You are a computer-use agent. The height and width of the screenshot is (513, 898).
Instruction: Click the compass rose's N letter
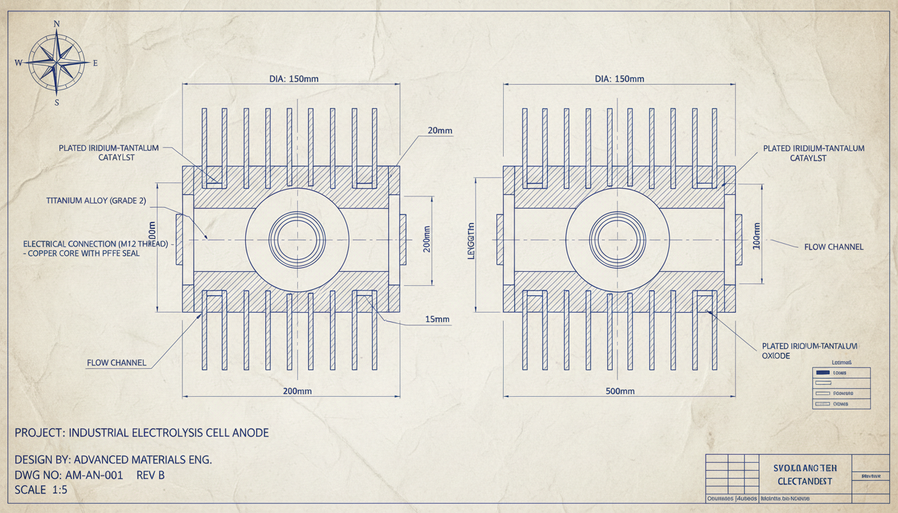[56, 23]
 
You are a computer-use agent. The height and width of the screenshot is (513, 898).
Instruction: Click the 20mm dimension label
[439, 131]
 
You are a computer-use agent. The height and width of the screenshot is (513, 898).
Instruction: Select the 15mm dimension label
[438, 319]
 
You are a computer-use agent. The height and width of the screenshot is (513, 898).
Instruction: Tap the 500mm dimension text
[619, 391]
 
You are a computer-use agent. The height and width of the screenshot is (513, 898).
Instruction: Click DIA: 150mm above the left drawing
[294, 79]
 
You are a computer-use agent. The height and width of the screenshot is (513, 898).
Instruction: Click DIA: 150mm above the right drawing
[619, 79]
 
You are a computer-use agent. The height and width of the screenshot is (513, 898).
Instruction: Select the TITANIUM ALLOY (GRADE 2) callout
[96, 200]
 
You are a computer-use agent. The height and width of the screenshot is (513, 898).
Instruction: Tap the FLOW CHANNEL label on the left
[116, 363]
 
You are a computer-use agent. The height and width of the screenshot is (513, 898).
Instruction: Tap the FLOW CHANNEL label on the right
[834, 246]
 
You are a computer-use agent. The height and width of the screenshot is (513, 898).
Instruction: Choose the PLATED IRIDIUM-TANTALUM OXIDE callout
[809, 351]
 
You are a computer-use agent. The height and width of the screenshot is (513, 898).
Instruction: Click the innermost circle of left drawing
[297, 236]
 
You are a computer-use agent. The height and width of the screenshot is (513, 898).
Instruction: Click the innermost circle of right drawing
[618, 236]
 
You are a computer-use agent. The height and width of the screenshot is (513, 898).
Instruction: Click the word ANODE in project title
[250, 433]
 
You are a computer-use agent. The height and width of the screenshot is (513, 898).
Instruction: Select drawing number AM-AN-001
[94, 475]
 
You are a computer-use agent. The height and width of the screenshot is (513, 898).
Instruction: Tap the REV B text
[150, 475]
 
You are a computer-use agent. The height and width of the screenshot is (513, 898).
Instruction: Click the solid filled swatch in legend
[822, 373]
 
